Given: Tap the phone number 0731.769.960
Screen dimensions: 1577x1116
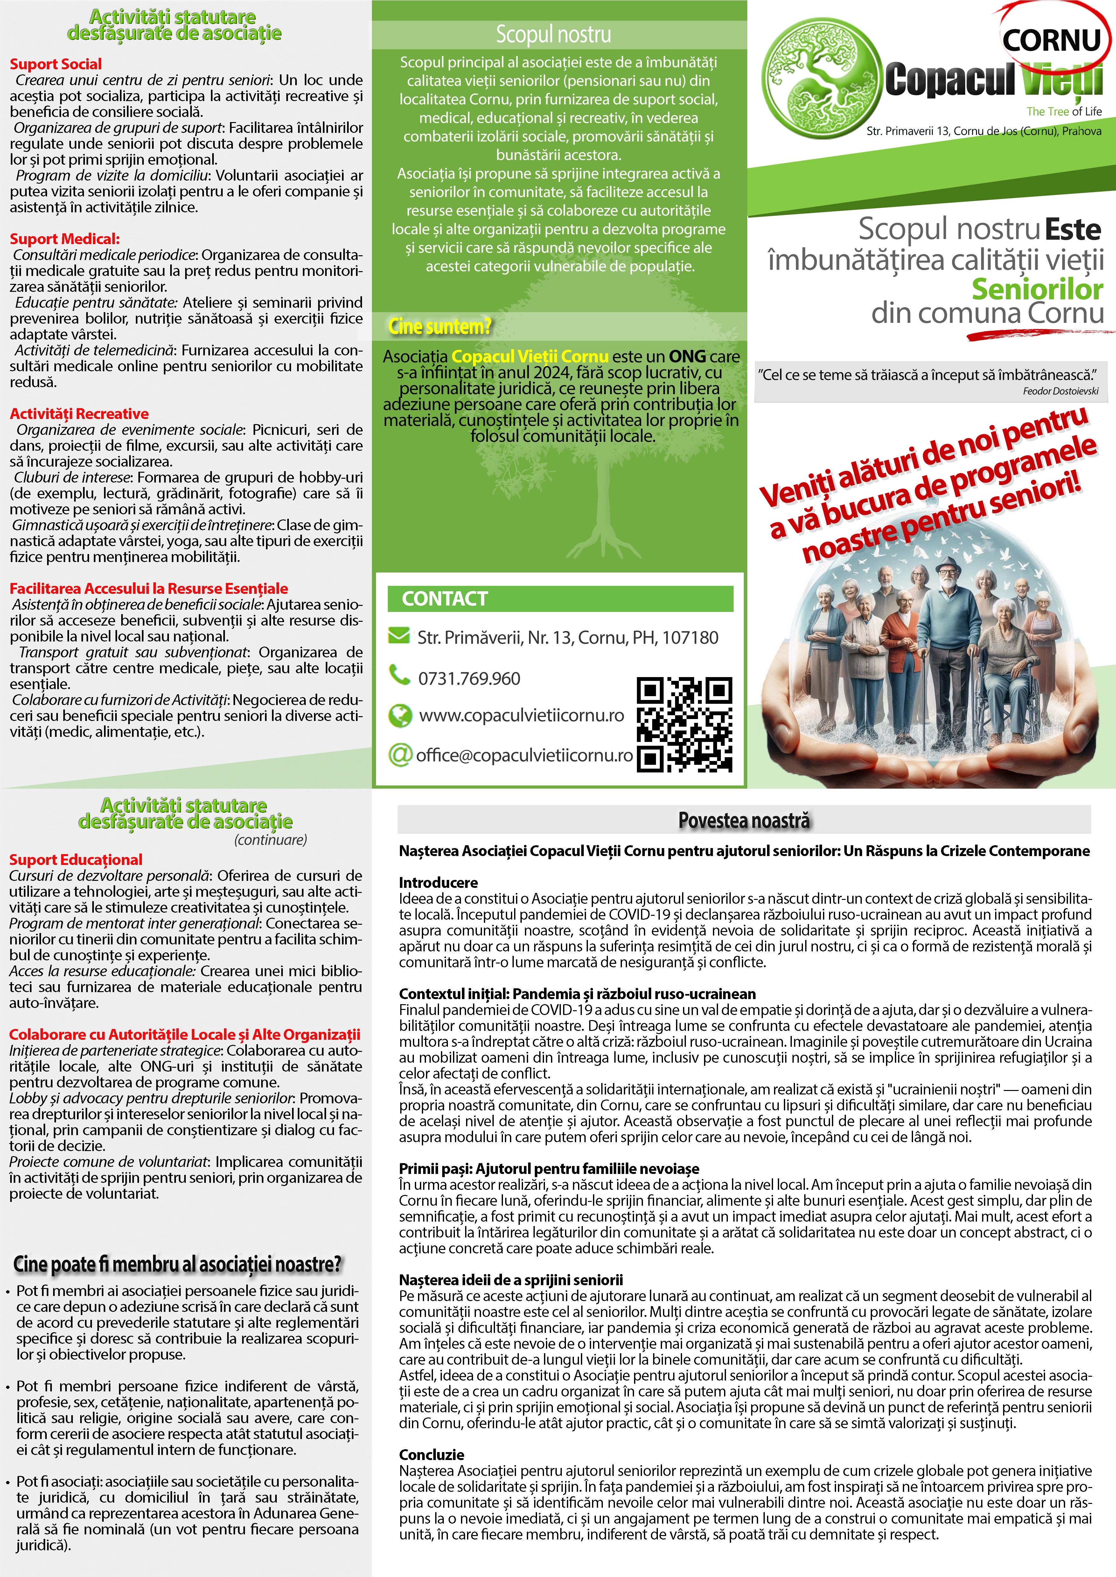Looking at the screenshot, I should [469, 679].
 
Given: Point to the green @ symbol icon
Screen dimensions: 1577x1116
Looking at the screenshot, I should [399, 754].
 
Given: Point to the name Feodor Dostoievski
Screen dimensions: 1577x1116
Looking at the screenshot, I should [1060, 392].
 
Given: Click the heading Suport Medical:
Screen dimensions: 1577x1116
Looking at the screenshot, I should [65, 239].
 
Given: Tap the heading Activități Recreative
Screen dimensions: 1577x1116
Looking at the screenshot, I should [79, 414].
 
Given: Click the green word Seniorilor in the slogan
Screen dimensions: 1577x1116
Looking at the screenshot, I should [1036, 289].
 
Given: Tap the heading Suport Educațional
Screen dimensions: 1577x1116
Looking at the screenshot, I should [76, 859].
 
